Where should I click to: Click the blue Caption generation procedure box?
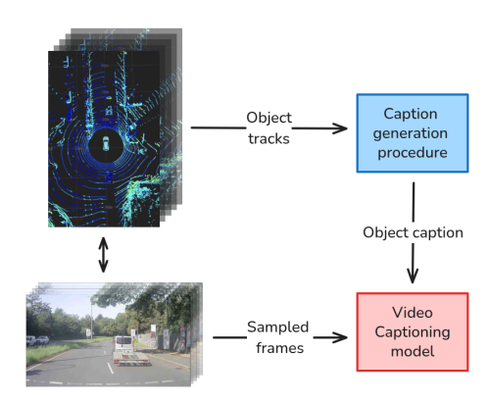click(413, 131)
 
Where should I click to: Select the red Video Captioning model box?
click(413, 330)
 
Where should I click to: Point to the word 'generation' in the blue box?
click(413, 132)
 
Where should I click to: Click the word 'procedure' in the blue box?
click(413, 152)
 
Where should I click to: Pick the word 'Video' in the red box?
click(413, 311)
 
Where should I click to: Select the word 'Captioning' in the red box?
click(413, 331)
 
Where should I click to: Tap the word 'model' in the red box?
click(413, 351)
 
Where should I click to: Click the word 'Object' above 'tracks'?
click(268, 119)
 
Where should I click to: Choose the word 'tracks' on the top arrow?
click(268, 138)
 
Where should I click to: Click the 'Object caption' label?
click(413, 232)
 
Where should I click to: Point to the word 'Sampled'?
click(277, 327)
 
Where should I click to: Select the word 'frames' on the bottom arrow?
click(277, 346)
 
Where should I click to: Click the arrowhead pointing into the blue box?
click(342, 128)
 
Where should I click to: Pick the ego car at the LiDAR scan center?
click(104, 145)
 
